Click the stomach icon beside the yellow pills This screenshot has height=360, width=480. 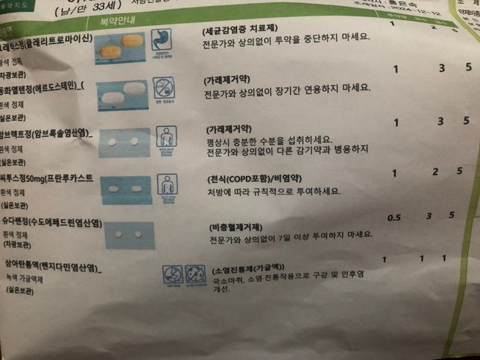[161, 39]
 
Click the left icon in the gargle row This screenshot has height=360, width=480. [171, 272]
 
